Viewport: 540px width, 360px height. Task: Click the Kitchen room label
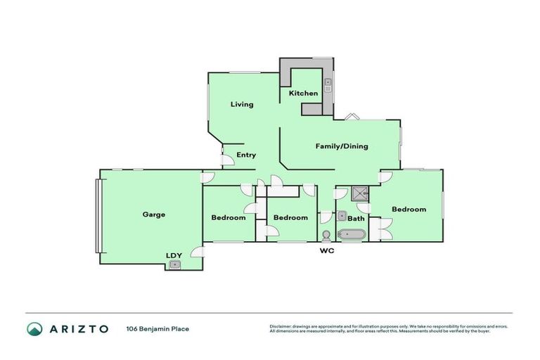303,94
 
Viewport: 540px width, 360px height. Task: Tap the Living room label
243,105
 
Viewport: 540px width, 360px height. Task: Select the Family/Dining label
342,146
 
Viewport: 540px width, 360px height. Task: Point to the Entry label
246,155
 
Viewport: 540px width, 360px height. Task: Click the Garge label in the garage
154,214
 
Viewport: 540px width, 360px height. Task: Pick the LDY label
173,255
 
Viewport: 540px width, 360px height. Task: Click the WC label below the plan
326,250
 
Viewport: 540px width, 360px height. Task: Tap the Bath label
356,219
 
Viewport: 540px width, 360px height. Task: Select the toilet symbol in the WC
326,235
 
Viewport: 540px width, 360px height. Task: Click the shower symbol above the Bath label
360,193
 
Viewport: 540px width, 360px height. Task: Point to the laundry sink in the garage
174,264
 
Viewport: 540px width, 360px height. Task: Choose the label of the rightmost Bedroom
409,210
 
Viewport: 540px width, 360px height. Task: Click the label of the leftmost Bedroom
229,218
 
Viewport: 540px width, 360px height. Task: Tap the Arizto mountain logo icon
34,329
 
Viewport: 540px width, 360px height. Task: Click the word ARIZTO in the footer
78,329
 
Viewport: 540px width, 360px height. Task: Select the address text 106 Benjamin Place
157,329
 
